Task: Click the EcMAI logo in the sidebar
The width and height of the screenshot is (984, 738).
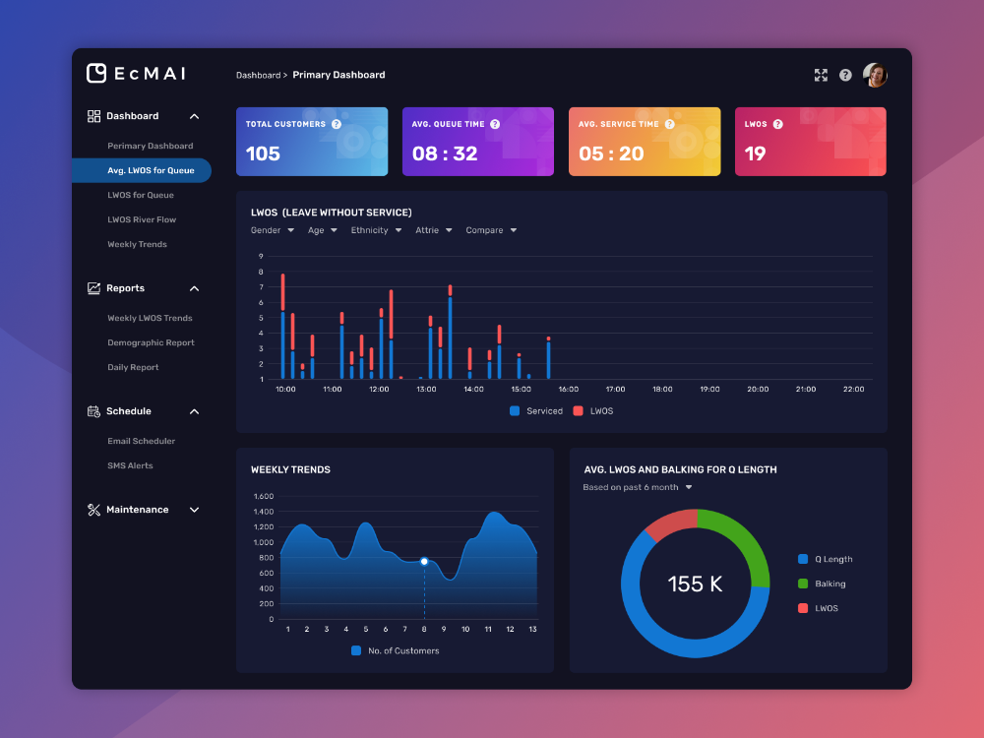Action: tap(136, 74)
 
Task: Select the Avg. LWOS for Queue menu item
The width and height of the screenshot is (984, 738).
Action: tap(151, 170)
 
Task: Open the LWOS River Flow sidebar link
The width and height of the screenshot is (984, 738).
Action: tap(142, 219)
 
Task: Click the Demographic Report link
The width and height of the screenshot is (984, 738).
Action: tap(151, 342)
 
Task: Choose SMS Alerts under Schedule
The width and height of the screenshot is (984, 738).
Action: tap(130, 465)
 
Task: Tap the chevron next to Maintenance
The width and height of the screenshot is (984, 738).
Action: tap(194, 510)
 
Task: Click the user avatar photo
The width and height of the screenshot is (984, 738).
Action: tap(875, 75)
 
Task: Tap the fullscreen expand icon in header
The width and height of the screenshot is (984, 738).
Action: tap(821, 75)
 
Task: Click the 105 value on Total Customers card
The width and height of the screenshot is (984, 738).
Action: tap(263, 154)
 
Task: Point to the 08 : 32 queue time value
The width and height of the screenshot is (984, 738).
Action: tap(445, 154)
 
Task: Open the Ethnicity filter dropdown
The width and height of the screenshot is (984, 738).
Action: tap(376, 230)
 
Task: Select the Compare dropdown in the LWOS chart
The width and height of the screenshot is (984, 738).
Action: tap(491, 230)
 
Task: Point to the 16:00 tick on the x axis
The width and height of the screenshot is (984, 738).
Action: tap(568, 390)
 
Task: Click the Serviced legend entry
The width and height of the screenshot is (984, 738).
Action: tap(536, 411)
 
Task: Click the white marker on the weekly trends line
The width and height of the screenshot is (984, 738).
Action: tap(424, 561)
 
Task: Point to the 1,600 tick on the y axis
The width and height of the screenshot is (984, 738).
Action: tap(263, 497)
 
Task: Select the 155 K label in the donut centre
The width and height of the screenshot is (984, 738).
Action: tap(695, 584)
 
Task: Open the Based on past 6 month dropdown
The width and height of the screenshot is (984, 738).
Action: tap(638, 487)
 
